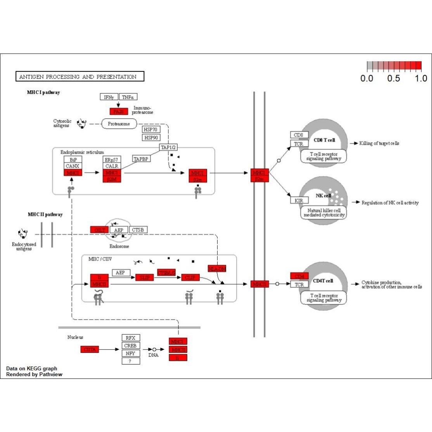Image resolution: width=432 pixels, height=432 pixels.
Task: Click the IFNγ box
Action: coord(109,97)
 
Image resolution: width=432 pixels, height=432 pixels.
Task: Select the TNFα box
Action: coord(128,97)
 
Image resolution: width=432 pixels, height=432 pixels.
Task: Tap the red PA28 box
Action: coord(119,111)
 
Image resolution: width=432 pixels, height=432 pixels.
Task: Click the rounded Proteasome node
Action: coord(119,124)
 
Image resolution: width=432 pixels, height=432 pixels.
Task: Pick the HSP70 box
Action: coord(151,130)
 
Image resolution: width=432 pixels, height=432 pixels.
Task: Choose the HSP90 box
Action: coord(151,138)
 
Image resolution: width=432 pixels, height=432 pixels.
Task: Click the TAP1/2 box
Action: coord(168,147)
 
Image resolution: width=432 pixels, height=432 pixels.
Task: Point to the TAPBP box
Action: coord(141,159)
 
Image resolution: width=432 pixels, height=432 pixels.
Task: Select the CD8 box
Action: coord(299,135)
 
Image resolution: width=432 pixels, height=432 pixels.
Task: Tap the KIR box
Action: coord(299,200)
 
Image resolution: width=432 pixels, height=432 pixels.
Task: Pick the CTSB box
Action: coord(138,230)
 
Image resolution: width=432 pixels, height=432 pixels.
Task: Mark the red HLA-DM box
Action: coord(217,269)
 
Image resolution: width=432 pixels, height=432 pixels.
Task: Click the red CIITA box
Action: coord(90,349)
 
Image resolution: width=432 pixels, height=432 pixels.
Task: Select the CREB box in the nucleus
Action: coord(131,346)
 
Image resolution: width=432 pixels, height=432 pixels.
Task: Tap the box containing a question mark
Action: coord(131,361)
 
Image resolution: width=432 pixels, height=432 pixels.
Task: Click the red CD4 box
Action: coord(299,276)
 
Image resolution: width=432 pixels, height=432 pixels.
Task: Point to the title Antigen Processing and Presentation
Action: coord(79,76)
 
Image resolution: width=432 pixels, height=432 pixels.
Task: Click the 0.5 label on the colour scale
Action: coord(393,78)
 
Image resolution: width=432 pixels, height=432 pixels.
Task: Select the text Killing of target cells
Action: coord(379,143)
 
